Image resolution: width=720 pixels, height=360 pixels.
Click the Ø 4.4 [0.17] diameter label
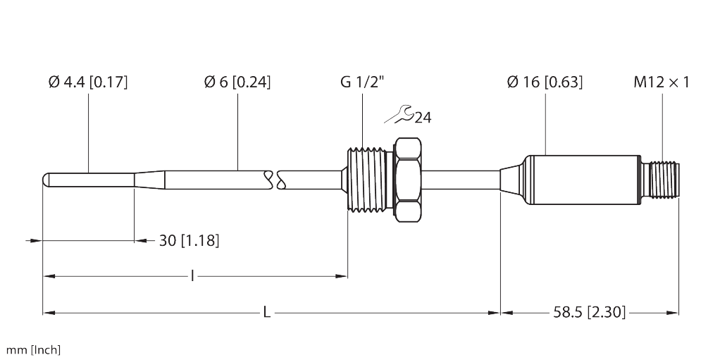[88, 82]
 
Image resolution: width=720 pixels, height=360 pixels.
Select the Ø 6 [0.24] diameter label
[237, 82]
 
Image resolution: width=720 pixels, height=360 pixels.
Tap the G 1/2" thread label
[362, 82]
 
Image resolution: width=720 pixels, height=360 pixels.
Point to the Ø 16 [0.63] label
[545, 82]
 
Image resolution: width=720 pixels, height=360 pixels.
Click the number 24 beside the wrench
[423, 117]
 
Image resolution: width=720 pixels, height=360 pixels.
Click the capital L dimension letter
[266, 311]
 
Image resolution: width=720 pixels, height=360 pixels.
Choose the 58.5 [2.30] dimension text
[589, 311]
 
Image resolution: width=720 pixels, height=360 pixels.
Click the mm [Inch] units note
[33, 349]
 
